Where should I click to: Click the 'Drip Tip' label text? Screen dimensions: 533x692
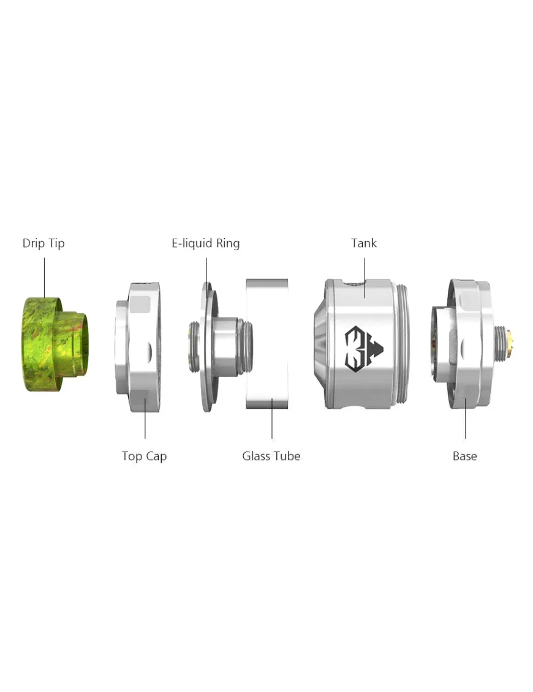point(43,243)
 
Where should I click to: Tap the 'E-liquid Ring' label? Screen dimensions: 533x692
point(205,244)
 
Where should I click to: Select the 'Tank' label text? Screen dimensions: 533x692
point(364,243)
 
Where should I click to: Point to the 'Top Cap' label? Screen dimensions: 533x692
point(144,456)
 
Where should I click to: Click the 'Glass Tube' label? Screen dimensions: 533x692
point(271,456)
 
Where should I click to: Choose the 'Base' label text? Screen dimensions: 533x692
point(464,456)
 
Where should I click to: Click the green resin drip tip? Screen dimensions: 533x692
point(55,344)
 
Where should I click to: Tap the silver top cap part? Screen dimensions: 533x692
point(138,348)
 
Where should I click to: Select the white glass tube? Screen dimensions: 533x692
point(267,344)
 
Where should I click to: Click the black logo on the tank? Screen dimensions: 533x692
point(363,349)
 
